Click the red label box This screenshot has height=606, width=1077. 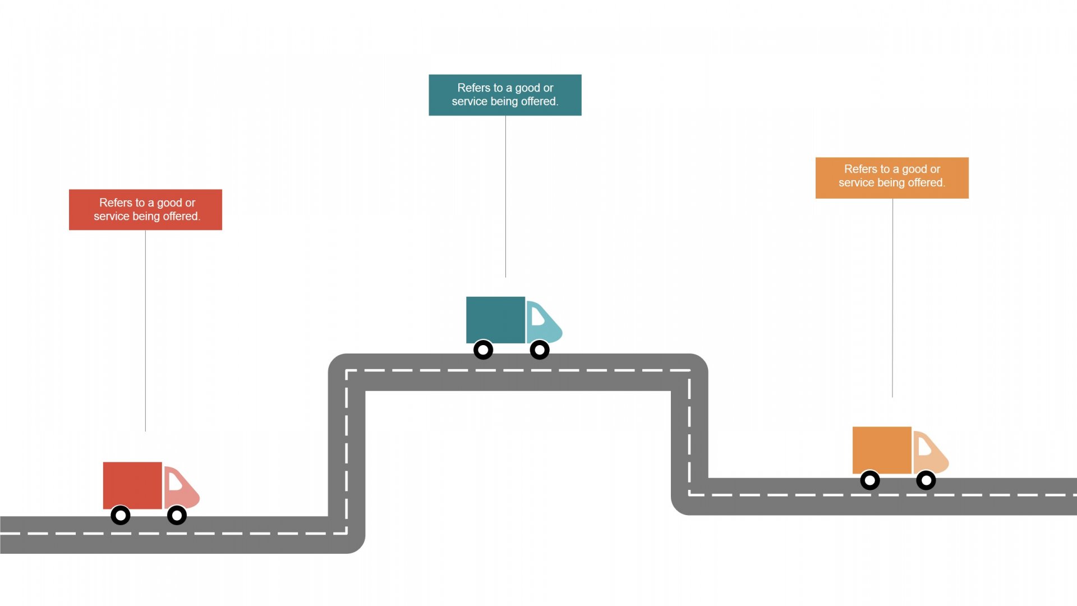click(145, 209)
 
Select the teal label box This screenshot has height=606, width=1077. click(505, 95)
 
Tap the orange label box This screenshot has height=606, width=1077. click(892, 178)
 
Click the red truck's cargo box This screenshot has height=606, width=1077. click(132, 485)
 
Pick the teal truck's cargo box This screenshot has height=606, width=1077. click(495, 320)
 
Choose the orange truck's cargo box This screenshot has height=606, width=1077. click(882, 450)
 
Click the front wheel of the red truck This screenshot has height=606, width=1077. click(177, 515)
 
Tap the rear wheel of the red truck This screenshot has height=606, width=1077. click(121, 515)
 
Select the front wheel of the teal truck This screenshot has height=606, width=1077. click(540, 350)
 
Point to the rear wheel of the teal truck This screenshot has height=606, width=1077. click(483, 350)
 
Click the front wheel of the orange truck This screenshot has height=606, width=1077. click(926, 480)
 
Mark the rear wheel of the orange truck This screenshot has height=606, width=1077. click(870, 480)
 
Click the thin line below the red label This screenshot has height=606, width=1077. click(145, 331)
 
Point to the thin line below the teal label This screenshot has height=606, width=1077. click(505, 196)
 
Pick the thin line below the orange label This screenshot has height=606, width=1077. click(892, 297)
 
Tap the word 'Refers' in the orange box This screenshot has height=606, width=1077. click(859, 169)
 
